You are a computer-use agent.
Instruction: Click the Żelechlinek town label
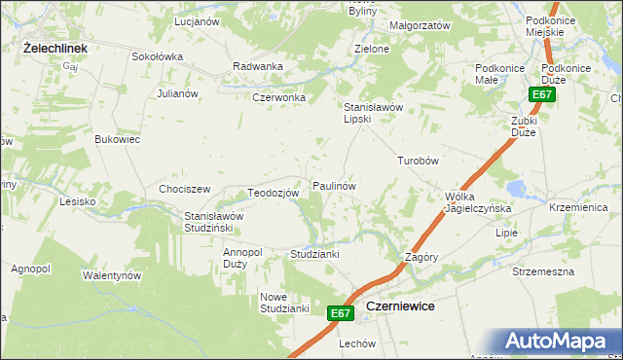point(56,47)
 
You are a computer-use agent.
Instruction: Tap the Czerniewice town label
point(399,306)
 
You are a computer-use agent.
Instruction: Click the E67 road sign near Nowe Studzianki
point(339,313)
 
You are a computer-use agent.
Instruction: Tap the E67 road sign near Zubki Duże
point(542,94)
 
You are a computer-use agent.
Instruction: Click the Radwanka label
point(258,66)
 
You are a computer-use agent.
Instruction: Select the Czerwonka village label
point(279,97)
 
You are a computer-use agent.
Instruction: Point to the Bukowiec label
point(117,139)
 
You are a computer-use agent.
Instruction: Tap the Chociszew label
point(185,188)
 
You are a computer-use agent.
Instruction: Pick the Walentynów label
point(112,275)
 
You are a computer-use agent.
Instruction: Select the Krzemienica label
point(578,208)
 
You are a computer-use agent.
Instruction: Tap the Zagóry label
point(422,257)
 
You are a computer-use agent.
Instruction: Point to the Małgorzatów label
point(419,25)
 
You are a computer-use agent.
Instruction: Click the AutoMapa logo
point(557,341)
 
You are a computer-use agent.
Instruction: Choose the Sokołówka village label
point(157,56)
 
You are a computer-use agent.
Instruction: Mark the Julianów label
point(178,93)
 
